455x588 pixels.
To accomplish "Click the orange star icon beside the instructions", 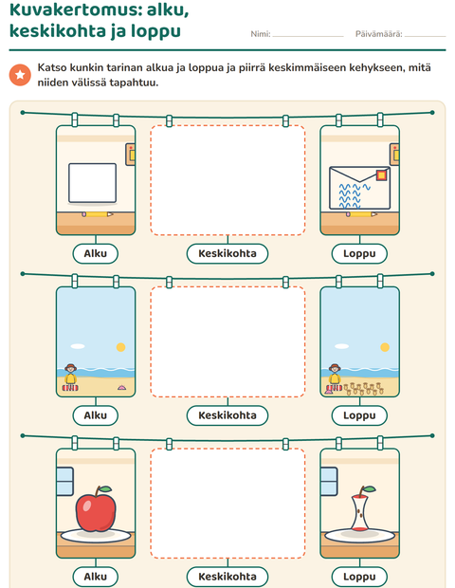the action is pyautogui.click(x=20, y=75).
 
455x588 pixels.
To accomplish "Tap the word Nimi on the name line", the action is pyautogui.click(x=260, y=34).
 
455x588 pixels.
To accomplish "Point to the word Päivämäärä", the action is pyautogui.click(x=378, y=34).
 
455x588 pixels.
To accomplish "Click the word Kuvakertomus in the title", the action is pyautogui.click(x=72, y=10).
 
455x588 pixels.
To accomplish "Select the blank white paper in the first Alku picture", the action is pyautogui.click(x=92, y=183).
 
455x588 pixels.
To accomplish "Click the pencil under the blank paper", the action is pyautogui.click(x=98, y=214).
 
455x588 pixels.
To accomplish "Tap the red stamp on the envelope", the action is pyautogui.click(x=382, y=175).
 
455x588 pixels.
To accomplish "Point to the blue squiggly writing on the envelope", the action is pyautogui.click(x=352, y=195).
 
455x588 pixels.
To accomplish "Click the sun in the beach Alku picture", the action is pyautogui.click(x=120, y=347).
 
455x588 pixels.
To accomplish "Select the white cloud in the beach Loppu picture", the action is pyautogui.click(x=341, y=346).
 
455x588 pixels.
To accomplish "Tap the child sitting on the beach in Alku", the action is pyautogui.click(x=70, y=377).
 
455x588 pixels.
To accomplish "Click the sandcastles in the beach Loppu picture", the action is pyautogui.click(x=364, y=389).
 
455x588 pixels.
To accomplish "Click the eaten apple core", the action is pyautogui.click(x=360, y=510).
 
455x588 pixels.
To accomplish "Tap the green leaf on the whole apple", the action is pyautogui.click(x=105, y=489).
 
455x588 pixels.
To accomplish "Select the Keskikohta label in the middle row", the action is pyautogui.click(x=227, y=415).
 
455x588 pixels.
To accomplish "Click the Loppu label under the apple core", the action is pyautogui.click(x=359, y=577).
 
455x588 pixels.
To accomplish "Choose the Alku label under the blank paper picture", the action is pyautogui.click(x=95, y=253).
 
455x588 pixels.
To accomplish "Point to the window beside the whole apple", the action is pyautogui.click(x=64, y=481).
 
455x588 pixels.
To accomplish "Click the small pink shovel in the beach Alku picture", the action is pyautogui.click(x=122, y=387).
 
